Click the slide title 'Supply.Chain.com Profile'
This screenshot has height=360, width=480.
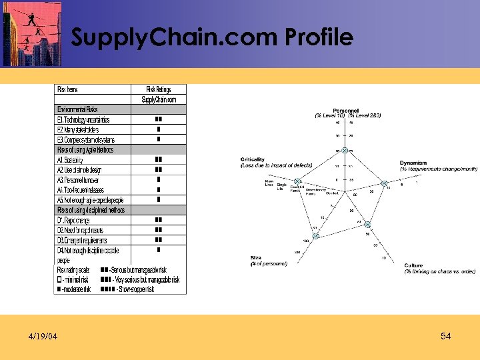(x=212, y=38)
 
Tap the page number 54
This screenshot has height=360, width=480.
(x=446, y=337)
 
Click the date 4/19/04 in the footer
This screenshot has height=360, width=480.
(x=42, y=337)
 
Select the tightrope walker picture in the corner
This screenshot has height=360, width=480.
(x=32, y=33)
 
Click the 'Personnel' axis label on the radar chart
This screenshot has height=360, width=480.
(x=346, y=111)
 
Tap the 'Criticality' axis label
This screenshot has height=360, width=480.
(x=253, y=160)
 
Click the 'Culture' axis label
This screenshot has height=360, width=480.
(x=413, y=265)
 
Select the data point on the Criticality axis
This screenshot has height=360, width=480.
(x=298, y=182)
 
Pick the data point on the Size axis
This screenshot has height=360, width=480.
(x=315, y=235)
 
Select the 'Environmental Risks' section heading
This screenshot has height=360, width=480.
(x=77, y=109)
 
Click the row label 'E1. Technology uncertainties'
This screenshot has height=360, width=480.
(x=83, y=119)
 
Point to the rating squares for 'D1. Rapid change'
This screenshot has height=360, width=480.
(x=158, y=219)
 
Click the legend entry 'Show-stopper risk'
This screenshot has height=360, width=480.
(x=140, y=290)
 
